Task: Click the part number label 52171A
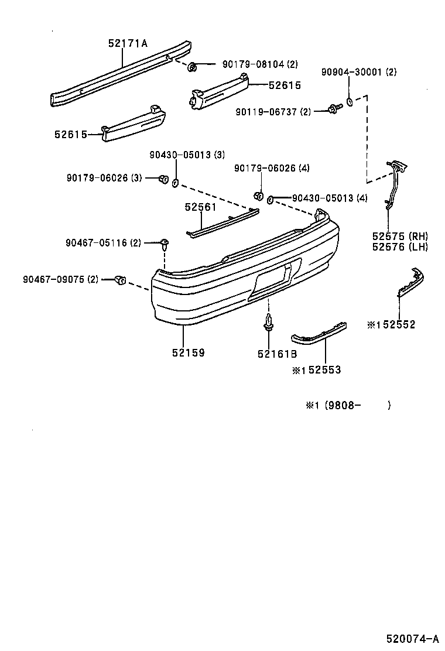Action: click(128, 43)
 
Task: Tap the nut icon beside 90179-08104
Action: click(192, 67)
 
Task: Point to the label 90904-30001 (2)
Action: click(358, 72)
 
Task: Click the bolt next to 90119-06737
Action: click(335, 109)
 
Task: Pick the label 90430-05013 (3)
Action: click(186, 155)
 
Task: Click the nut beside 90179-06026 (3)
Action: click(165, 179)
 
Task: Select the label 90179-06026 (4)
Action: click(272, 168)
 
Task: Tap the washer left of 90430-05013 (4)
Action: click(271, 200)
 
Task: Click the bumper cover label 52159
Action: click(188, 353)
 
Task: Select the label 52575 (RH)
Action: click(400, 236)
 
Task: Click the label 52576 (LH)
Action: click(400, 246)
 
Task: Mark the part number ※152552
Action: click(391, 325)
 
